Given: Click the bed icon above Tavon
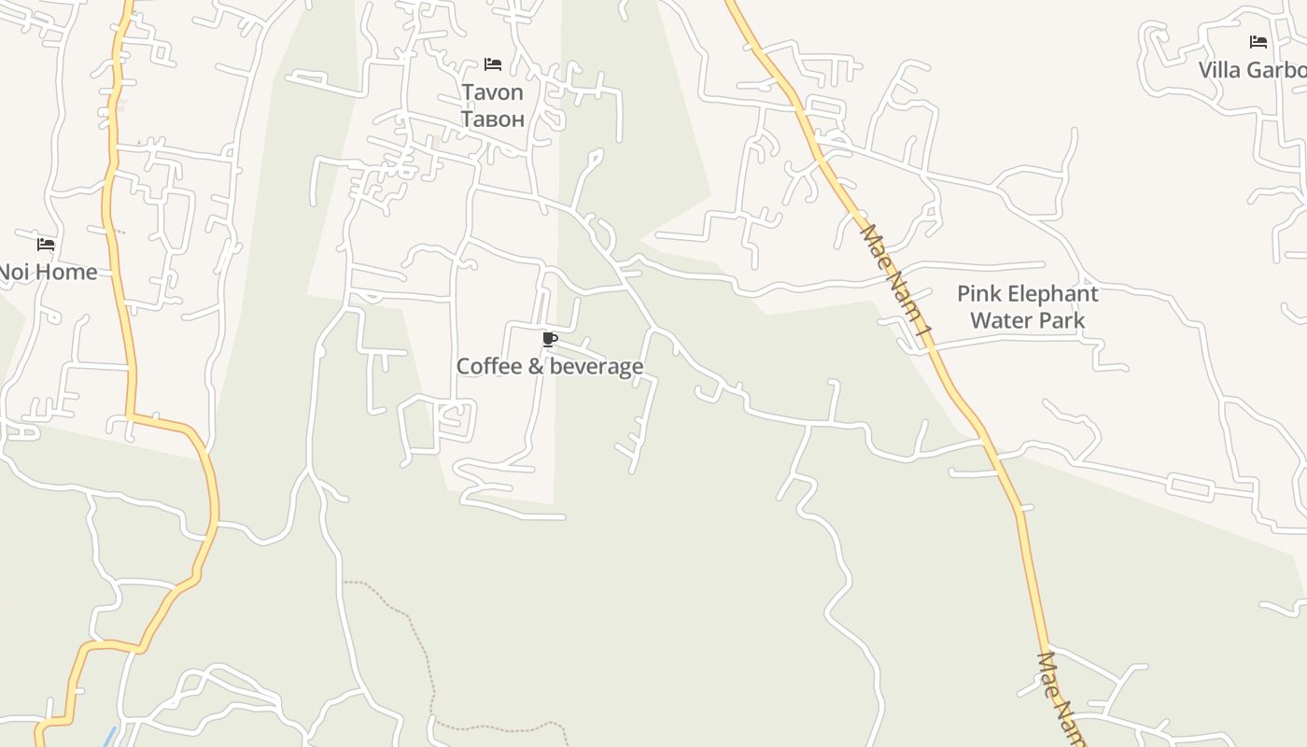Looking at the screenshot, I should point(493,64).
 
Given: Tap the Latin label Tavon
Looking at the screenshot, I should point(492,92).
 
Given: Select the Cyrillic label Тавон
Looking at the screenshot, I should point(492,119).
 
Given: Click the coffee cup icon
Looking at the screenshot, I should point(549,339).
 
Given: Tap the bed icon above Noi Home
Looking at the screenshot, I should point(46,245).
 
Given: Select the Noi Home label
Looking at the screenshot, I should point(48,272).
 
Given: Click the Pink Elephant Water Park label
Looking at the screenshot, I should point(1027,307).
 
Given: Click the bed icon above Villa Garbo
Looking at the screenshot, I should point(1258,42).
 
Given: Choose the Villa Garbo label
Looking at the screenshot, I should point(1252,70).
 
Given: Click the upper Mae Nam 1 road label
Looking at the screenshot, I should point(896,280).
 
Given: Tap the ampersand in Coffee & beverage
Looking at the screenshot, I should point(536,366).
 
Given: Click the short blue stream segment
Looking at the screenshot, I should point(110,737).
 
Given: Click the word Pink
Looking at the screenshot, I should point(978,294).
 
